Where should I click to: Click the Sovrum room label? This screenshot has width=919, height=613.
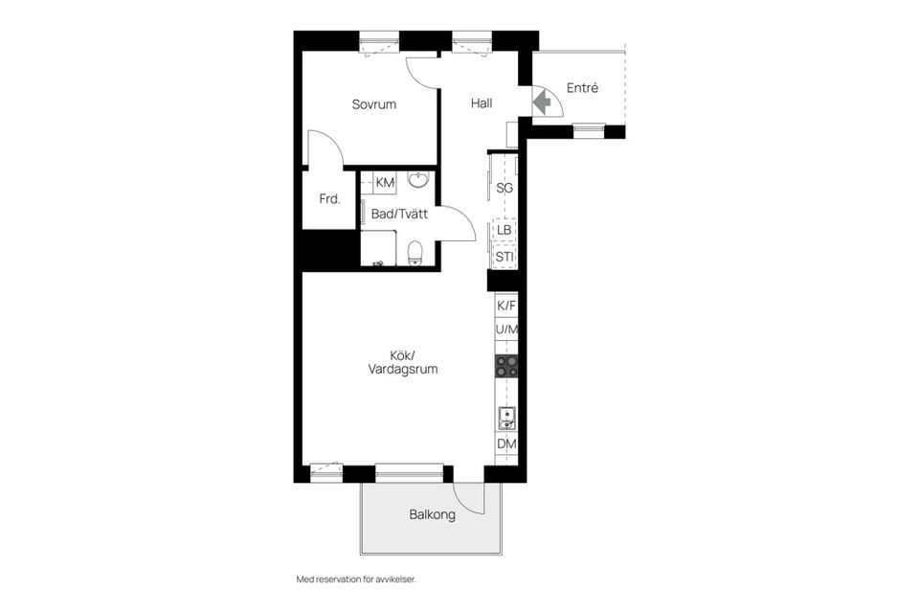coord(373,104)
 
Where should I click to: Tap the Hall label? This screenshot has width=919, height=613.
coord(482,103)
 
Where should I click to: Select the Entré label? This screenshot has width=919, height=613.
coord(582,88)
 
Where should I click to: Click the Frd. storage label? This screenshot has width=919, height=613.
coord(330,200)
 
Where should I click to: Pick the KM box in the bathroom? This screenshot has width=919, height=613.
coord(385,182)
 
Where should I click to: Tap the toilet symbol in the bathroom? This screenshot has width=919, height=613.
coord(415,252)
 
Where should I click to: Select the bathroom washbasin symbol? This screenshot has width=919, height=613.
coord(418,180)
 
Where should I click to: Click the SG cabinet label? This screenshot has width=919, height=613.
coord(505,188)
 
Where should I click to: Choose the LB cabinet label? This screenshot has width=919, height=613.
coord(504,231)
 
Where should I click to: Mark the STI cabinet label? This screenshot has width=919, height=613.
coord(504,257)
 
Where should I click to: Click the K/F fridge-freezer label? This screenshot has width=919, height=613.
coord(506,306)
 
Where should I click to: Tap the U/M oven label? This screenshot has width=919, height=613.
coord(506,330)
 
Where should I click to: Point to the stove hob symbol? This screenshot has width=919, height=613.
coord(506,366)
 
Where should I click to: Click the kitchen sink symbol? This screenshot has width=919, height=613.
coord(506,417)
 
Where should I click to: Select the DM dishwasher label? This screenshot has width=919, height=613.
coord(506,443)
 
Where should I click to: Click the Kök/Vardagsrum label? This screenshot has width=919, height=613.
coord(402,361)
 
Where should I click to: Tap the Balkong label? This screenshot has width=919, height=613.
coord(432,514)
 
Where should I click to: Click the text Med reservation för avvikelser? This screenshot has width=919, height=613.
coord(356,579)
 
